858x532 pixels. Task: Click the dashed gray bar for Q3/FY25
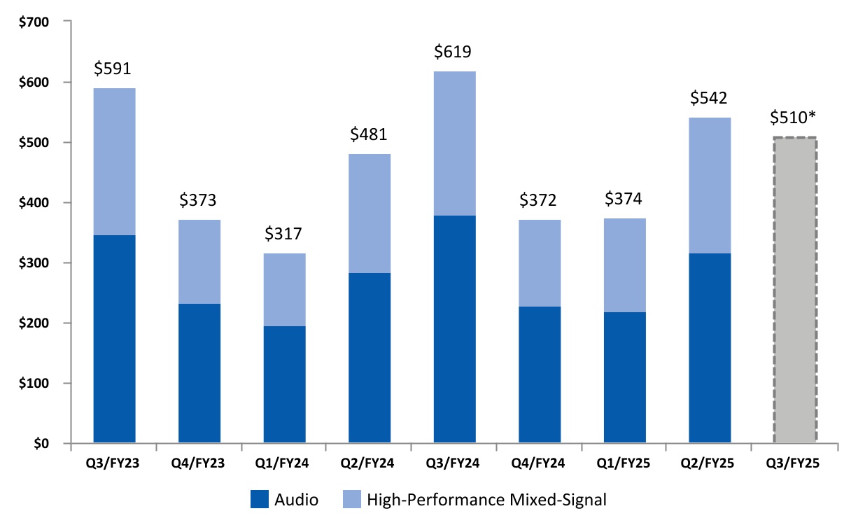794,290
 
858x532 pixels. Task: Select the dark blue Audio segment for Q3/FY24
454,329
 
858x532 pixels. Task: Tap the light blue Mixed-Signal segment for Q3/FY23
114,162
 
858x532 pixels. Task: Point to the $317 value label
284,234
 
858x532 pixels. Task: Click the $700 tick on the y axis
36,22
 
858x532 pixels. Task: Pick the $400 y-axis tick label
36,203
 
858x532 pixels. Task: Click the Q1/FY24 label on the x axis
284,463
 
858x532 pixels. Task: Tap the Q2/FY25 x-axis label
710,463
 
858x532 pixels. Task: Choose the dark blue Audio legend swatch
259,500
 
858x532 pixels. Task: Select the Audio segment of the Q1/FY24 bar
284,385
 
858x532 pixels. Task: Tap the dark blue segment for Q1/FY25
624,378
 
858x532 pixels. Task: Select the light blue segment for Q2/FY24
370,213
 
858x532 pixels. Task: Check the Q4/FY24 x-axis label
540,463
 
